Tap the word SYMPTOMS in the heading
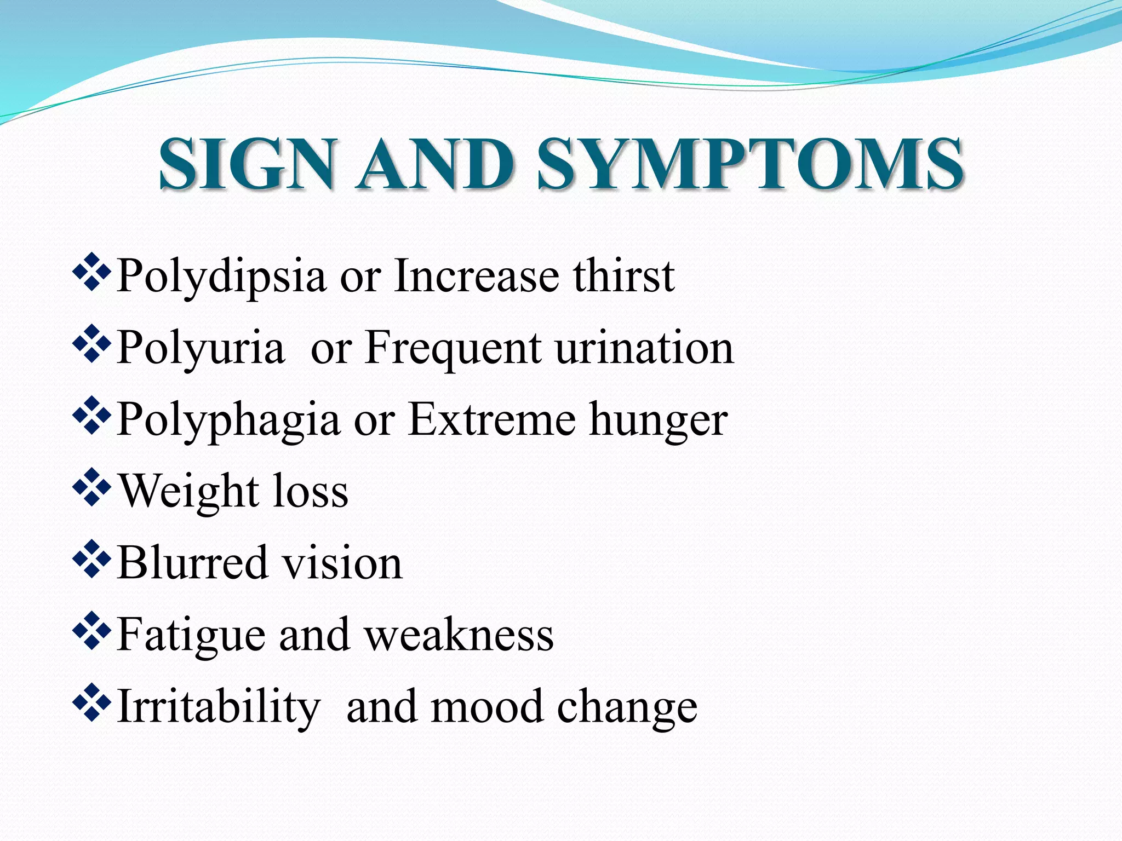pos(750,164)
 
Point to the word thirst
pos(624,276)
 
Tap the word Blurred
pos(192,563)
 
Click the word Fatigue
pos(191,636)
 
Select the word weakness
pos(459,635)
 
